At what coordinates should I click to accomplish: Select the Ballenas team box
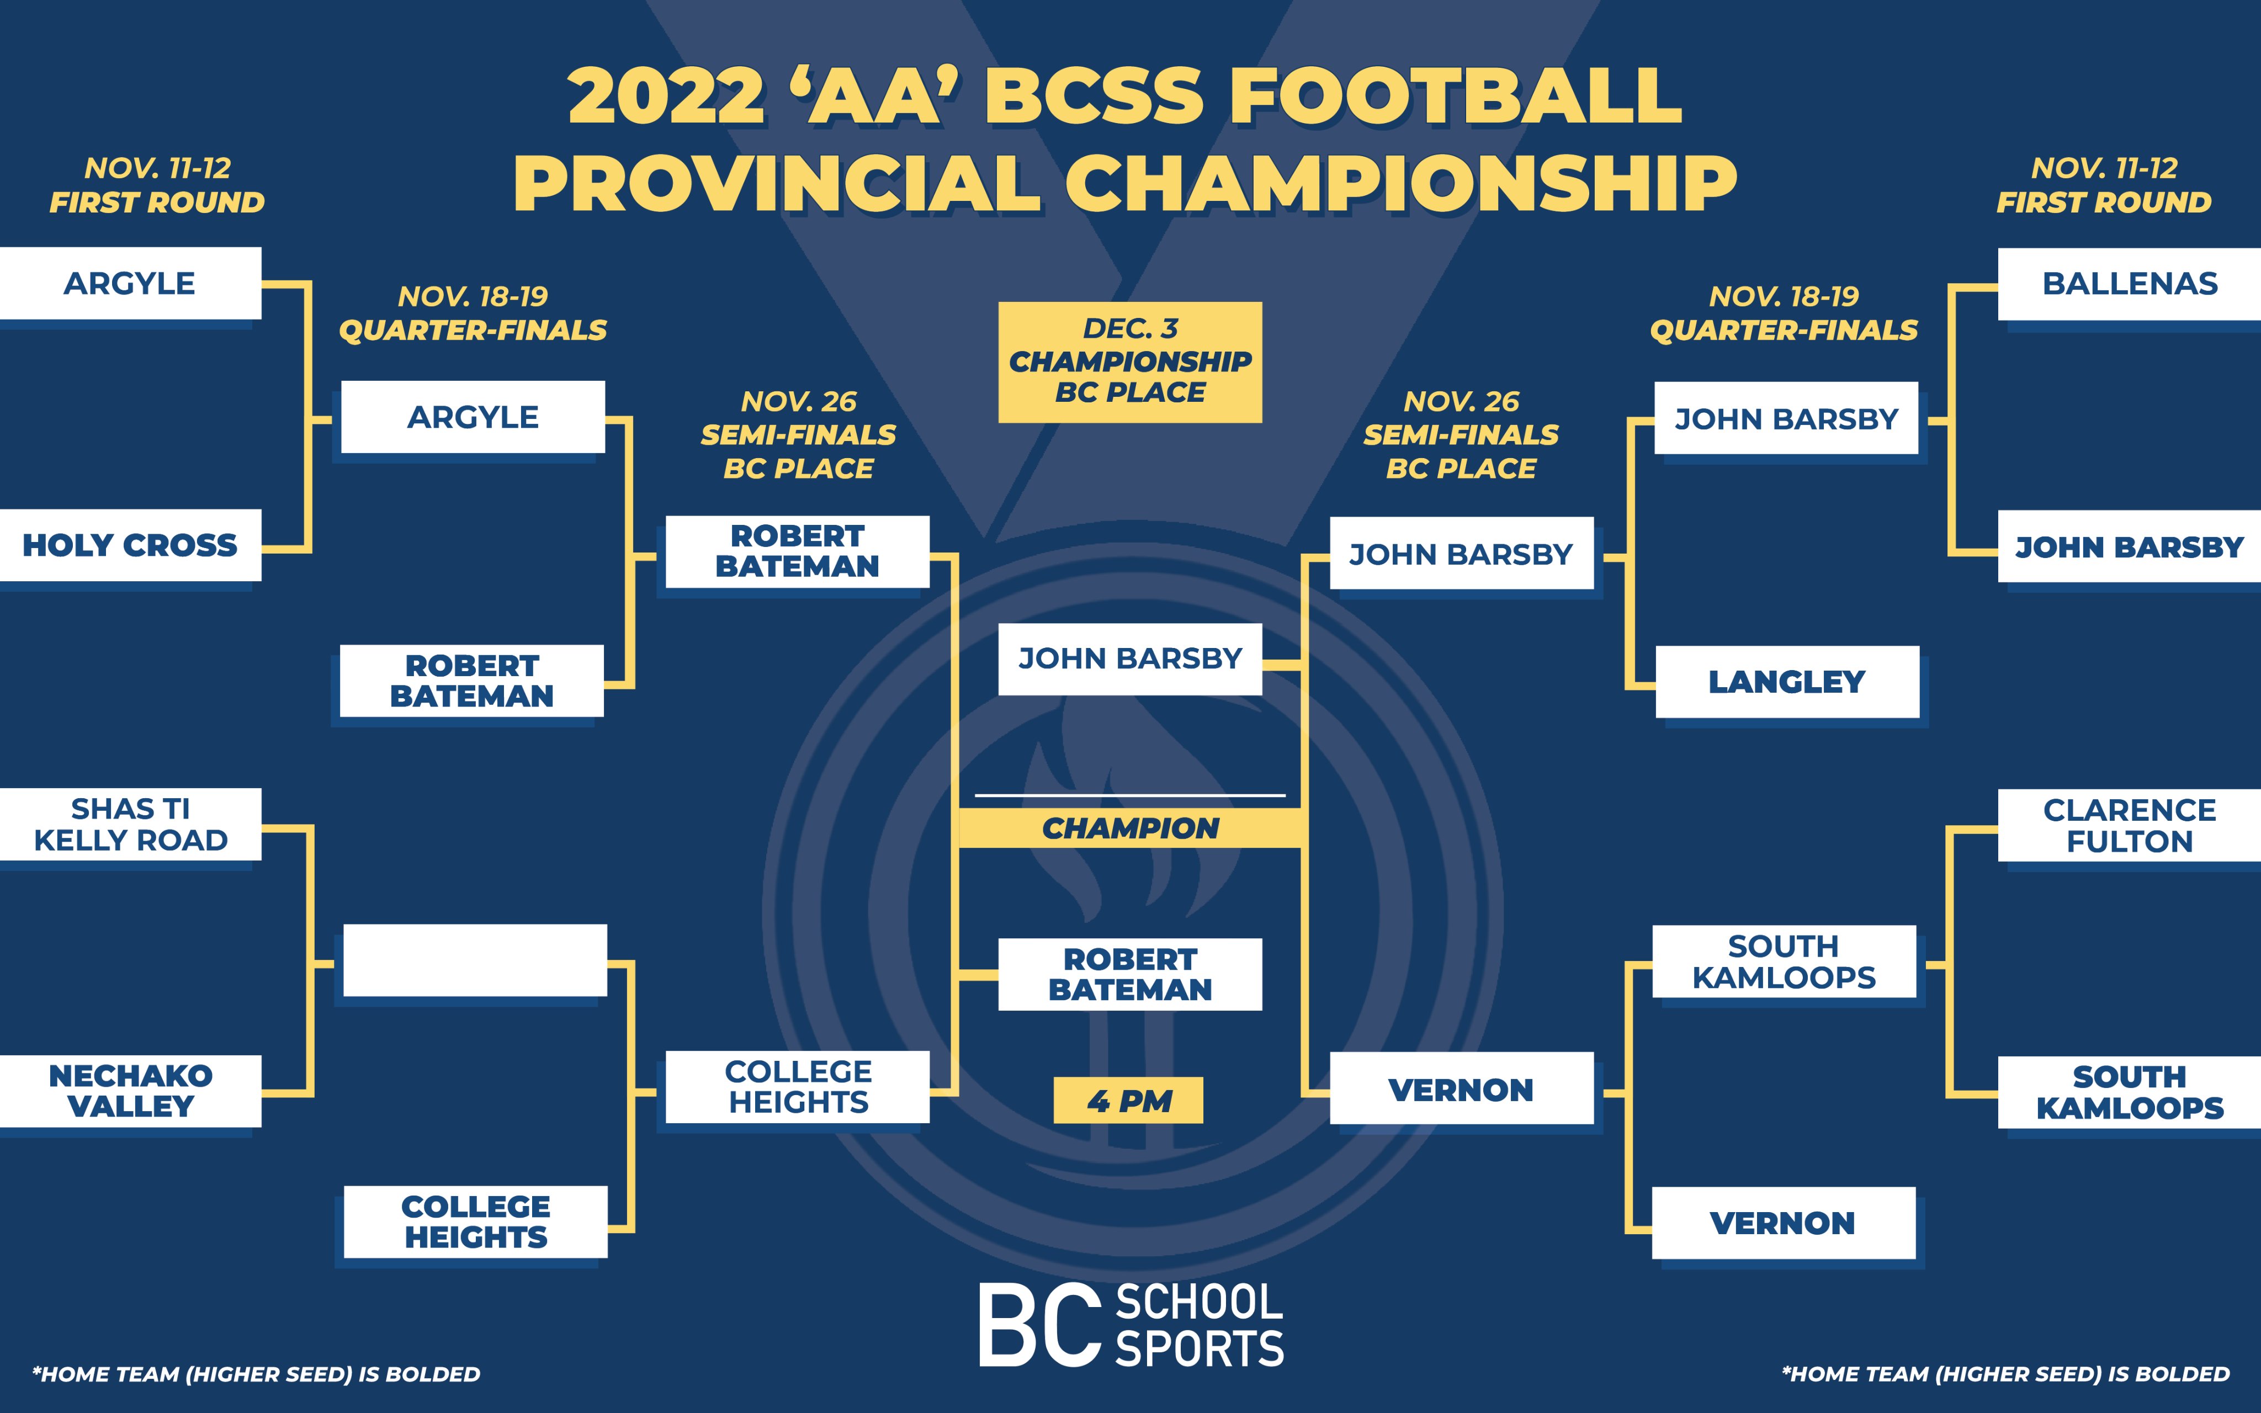click(x=2129, y=284)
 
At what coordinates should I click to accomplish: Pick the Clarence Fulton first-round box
click(x=2129, y=825)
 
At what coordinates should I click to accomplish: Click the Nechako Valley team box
click(x=130, y=1091)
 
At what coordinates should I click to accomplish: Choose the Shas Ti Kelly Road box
click(x=130, y=824)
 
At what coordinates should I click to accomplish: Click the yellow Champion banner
click(x=1130, y=828)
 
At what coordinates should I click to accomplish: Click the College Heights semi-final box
click(x=798, y=1087)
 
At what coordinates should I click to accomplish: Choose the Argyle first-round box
click(x=130, y=283)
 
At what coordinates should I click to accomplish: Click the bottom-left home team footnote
click(x=256, y=1374)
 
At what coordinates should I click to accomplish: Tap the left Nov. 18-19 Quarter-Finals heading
click(x=473, y=313)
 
